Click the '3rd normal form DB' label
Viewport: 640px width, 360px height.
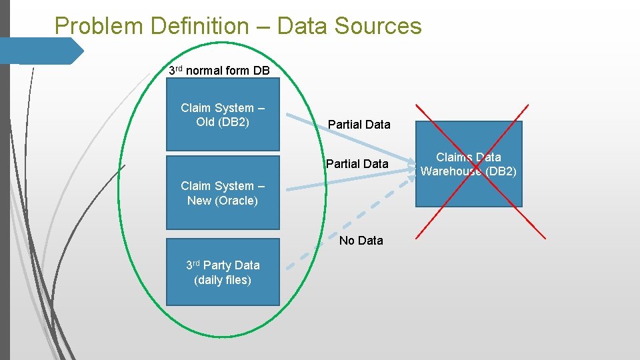pos(219,71)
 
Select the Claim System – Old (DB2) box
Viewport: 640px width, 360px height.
pos(222,115)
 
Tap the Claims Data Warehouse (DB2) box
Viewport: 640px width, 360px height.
pos(469,164)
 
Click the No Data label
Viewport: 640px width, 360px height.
pos(361,241)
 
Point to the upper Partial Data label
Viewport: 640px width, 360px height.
pos(359,125)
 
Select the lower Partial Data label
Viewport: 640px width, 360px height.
pos(357,163)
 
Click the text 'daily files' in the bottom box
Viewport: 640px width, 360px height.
pos(222,280)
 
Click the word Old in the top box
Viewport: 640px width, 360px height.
pos(205,122)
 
